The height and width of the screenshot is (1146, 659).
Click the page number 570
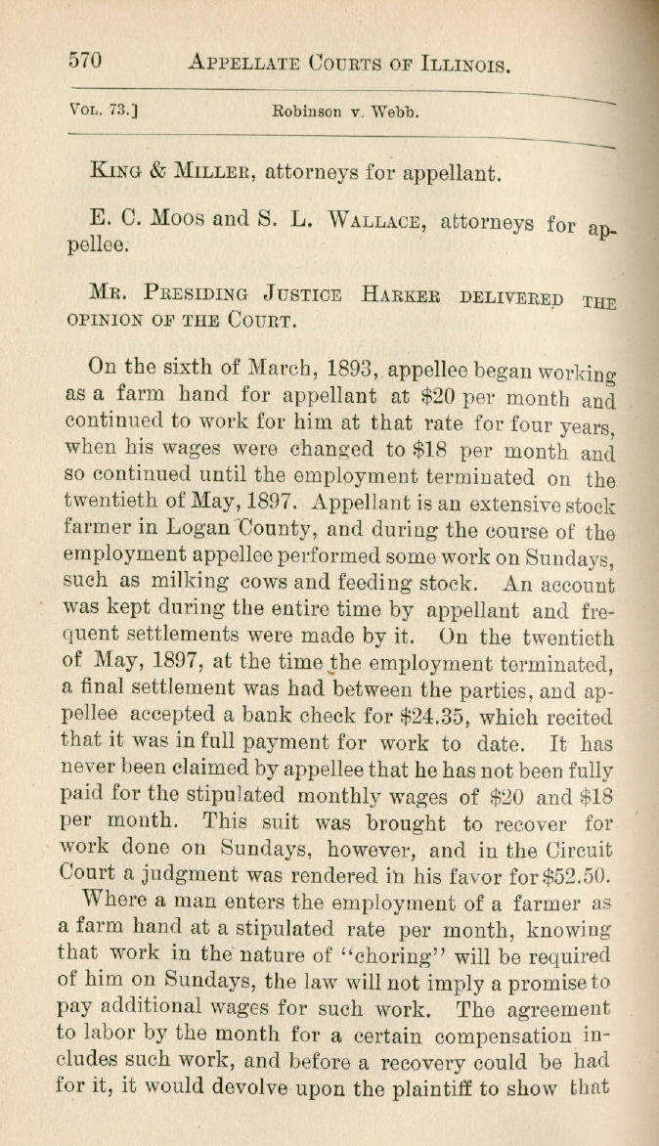pos(85,61)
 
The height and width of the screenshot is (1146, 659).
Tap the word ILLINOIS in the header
pos(460,65)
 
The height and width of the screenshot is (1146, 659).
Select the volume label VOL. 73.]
pos(108,110)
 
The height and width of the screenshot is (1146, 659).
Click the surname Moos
pos(179,221)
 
